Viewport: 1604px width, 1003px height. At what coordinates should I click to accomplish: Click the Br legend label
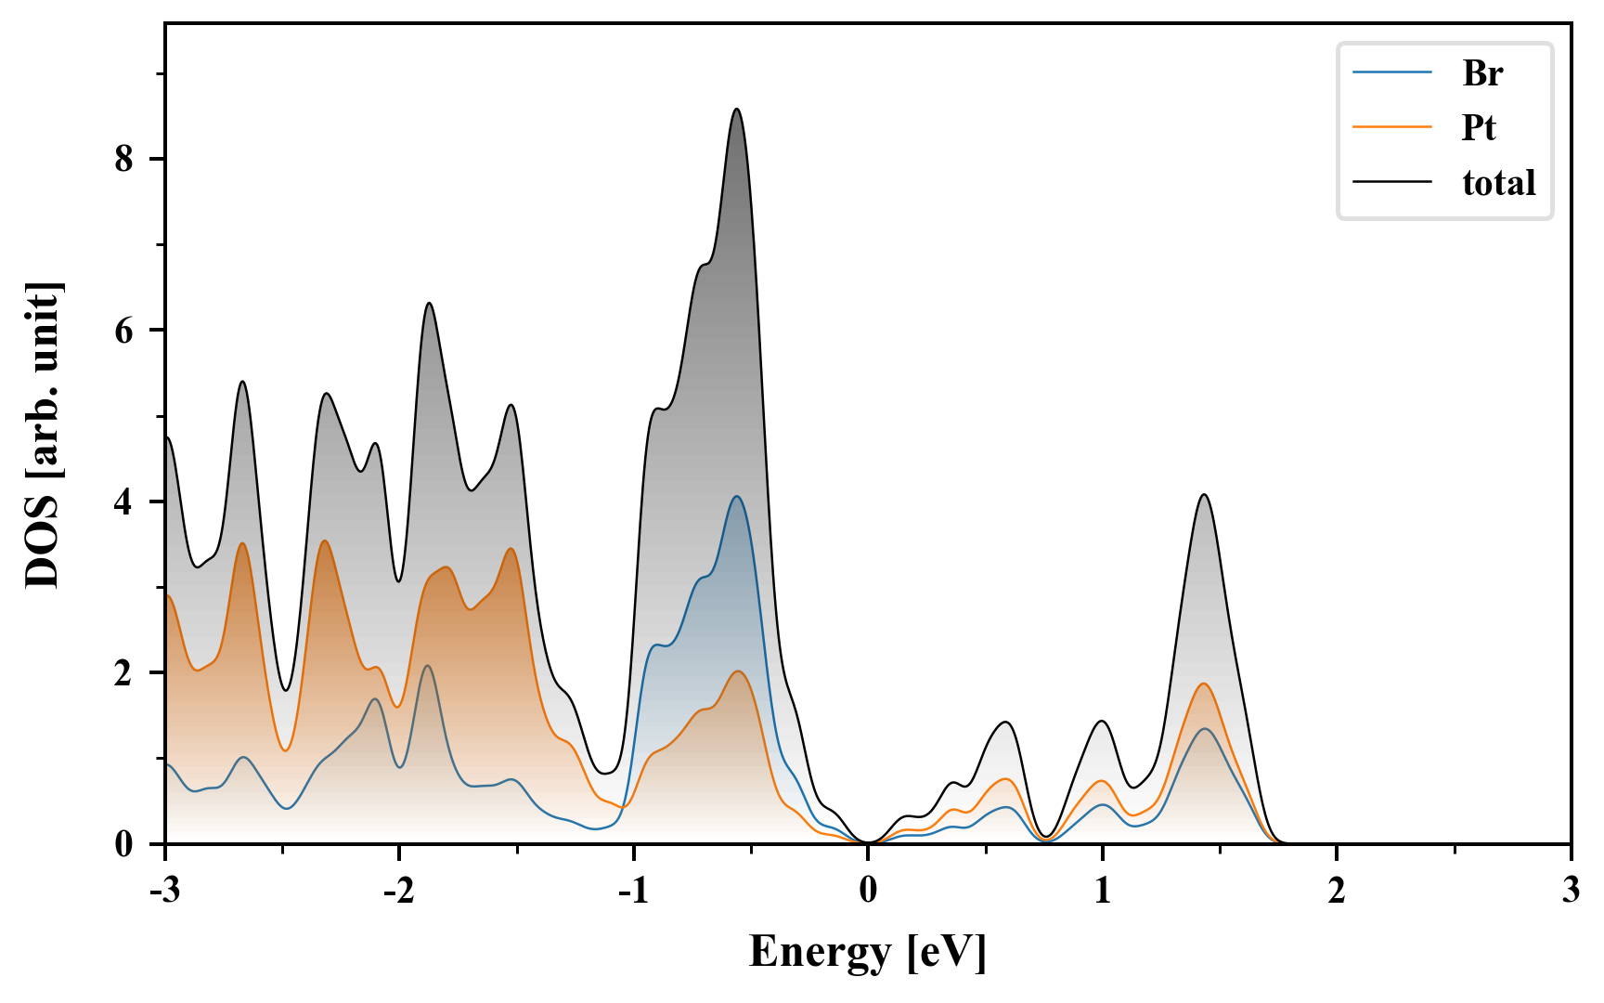coord(1482,73)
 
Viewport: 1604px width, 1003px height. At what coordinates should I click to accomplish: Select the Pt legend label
coord(1479,127)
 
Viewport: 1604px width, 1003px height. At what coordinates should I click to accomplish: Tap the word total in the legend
coord(1499,182)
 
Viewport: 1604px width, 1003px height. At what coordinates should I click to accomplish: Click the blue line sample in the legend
coord(1392,73)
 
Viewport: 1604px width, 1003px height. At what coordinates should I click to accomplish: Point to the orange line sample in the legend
coord(1392,127)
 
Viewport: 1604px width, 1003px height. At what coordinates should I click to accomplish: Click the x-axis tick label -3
coord(164,891)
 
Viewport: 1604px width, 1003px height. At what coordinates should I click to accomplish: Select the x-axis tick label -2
coord(398,891)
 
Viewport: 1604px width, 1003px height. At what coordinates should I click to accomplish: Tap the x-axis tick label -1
coord(632,891)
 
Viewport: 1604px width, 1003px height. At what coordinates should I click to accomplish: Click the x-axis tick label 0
coord(868,891)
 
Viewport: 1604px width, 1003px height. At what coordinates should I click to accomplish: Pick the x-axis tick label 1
coord(1102,891)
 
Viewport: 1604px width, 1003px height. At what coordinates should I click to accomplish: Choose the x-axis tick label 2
coord(1337,891)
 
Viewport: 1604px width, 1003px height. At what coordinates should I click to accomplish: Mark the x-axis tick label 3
coord(1571,891)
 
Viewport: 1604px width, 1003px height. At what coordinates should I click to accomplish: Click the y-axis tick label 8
coord(124,160)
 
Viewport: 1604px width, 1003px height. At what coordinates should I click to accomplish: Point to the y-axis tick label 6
coord(124,331)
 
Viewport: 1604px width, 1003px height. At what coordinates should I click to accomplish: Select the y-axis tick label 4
coord(124,501)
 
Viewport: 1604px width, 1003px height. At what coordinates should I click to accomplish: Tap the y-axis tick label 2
coord(124,672)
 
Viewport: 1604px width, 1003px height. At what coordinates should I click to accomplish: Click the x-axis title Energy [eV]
coord(868,952)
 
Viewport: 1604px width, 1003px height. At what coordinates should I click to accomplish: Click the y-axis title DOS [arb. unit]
coord(43,435)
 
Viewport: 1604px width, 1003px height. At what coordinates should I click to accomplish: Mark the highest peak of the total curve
coord(737,110)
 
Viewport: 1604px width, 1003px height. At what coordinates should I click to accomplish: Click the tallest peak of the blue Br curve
coord(737,497)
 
